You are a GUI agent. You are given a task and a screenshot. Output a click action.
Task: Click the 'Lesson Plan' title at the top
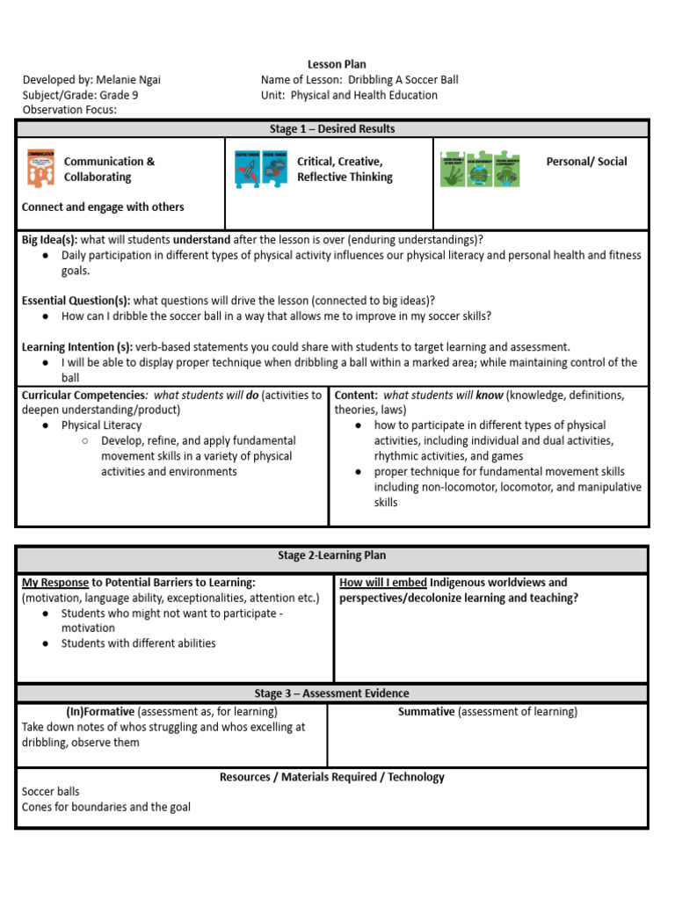pos(337,64)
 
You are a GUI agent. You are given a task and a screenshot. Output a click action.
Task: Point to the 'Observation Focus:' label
pos(69,110)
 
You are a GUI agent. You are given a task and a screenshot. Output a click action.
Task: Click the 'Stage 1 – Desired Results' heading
pos(331,129)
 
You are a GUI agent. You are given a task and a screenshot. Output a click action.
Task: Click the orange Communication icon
pos(40,168)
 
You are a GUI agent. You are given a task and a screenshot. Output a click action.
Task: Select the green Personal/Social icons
pos(480,169)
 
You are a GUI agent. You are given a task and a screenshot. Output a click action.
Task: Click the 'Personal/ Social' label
pos(586,162)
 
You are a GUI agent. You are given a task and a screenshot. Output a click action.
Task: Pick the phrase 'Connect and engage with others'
pos(103,207)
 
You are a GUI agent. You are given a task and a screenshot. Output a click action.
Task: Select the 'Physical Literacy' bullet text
pos(102,425)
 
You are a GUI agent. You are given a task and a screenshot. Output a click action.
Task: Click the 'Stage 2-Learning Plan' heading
pos(331,555)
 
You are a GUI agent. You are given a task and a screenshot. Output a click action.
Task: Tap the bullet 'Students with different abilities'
pos(138,643)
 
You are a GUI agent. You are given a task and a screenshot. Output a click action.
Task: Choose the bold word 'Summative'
pos(426,712)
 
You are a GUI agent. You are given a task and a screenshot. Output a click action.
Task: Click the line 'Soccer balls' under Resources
pos(50,792)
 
